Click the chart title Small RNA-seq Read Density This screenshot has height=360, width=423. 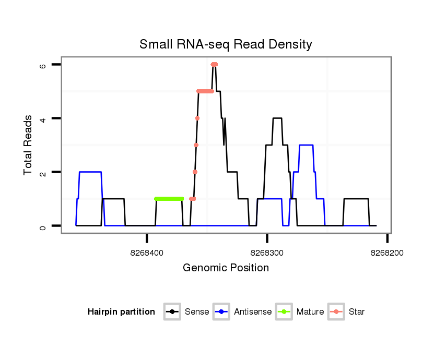[x=226, y=44]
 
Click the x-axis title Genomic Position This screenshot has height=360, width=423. [x=226, y=268]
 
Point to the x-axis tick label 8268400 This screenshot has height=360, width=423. [x=147, y=253]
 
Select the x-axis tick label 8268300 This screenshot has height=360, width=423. [x=267, y=253]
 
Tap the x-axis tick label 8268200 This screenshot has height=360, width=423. [x=386, y=253]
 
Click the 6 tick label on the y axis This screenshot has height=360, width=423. [x=43, y=65]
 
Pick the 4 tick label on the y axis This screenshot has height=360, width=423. [x=43, y=118]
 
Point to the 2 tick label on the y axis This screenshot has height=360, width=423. [x=43, y=172]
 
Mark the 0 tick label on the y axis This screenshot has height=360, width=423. [x=43, y=226]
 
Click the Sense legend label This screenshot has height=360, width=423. [x=197, y=312]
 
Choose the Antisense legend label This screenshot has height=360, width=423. [x=253, y=312]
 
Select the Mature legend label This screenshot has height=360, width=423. [x=310, y=312]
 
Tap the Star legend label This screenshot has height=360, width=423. [x=357, y=312]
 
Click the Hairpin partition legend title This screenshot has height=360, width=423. [x=121, y=312]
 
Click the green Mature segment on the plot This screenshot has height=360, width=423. [x=169, y=199]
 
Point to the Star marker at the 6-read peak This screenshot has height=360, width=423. [x=214, y=64]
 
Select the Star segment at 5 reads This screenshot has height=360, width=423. [x=205, y=91]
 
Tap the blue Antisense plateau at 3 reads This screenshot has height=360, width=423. [x=306, y=145]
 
